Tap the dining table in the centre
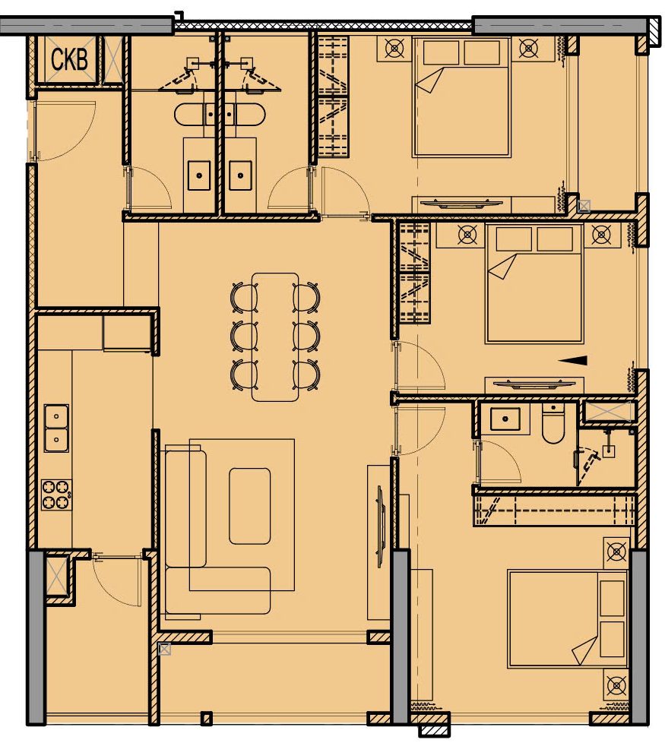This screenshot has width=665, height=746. point(275,337)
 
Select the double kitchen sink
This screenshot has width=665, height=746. point(56,428)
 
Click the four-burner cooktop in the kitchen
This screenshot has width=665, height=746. point(56,495)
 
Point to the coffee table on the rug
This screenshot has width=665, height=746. point(250,506)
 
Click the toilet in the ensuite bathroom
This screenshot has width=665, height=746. point(553,425)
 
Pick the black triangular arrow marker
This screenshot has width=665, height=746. point(572,360)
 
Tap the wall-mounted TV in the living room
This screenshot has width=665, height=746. point(380,526)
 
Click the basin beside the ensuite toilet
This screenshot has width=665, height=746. point(505,419)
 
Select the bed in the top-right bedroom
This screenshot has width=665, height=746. point(462,97)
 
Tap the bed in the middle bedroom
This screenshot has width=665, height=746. point(534,284)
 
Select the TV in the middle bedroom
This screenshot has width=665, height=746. point(534,384)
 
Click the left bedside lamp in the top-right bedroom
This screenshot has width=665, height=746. point(394,49)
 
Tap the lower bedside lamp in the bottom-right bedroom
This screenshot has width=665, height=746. point(617,685)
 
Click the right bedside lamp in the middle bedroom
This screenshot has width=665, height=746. point(602,235)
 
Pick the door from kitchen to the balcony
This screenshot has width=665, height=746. point(117,580)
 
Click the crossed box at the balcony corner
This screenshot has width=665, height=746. point(164,650)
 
